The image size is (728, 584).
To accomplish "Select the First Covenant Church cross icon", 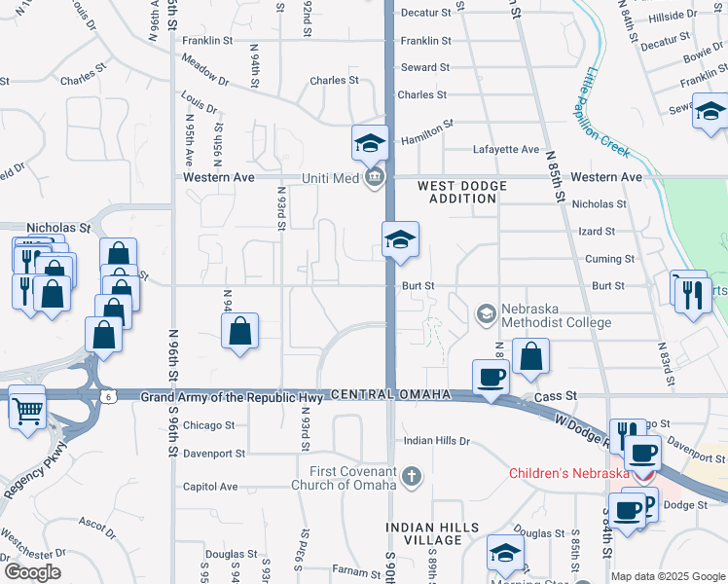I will pos(412,477).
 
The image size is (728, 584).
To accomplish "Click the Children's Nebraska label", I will pos(569,474).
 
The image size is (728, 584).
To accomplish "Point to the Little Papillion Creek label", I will pos(602,115).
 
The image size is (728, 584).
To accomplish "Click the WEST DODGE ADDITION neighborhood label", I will pos(457,192).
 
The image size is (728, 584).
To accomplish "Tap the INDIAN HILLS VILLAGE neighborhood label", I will pos(432,533).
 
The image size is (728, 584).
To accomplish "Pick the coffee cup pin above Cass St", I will pos(490,377).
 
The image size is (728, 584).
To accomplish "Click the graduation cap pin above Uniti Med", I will pos(370,143).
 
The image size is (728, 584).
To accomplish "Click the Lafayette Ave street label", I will pos(506,149).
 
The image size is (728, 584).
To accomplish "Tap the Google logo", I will pos(32,572).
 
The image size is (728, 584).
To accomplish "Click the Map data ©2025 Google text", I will pos(667,576).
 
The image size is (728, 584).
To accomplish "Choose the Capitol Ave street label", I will pos(210,487).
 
